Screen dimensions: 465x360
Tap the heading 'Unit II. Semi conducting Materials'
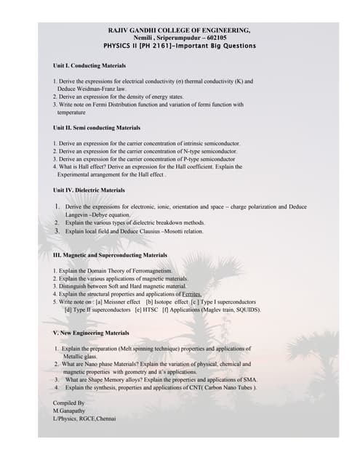pos(92,128)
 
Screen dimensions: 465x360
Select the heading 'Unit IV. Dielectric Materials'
pos(89,190)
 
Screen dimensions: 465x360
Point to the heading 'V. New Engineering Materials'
pos(91,332)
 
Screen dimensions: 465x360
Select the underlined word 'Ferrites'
pos(188,294)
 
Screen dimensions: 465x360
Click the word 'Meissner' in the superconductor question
pos(121,302)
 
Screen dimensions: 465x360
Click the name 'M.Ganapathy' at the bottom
pos(70,411)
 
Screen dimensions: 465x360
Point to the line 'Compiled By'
pos(69,403)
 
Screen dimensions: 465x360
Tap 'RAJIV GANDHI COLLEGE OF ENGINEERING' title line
pos(179,30)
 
